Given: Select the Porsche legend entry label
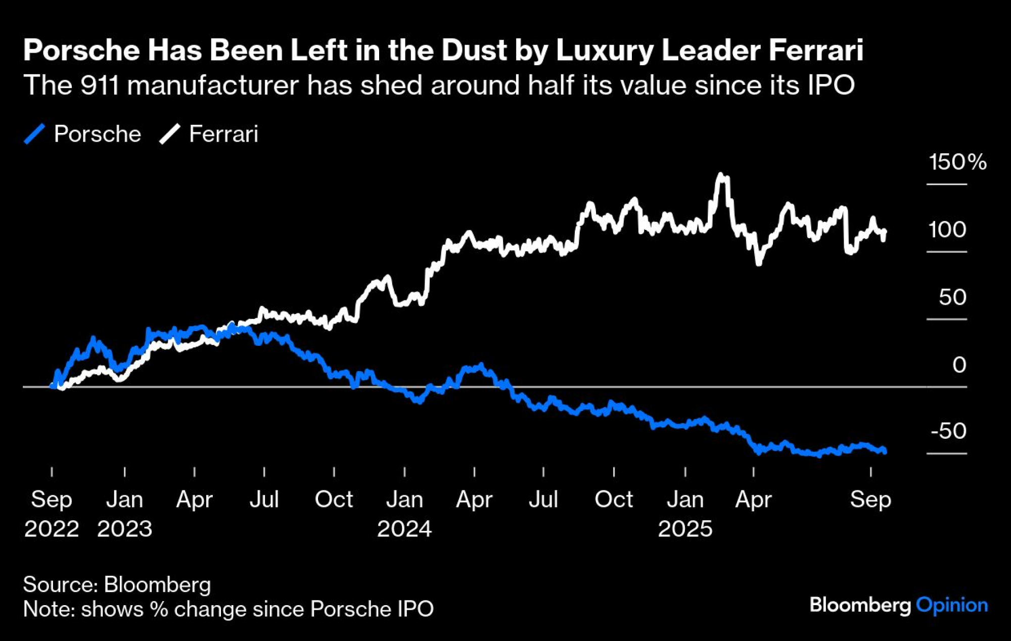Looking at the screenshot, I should [98, 134].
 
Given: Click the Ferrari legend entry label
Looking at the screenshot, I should [223, 134].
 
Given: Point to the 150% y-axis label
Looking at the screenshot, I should [957, 162].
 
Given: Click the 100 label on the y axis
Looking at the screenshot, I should [947, 230].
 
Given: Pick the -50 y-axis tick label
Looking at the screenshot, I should [948, 431].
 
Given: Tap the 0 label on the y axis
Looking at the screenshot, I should [959, 364].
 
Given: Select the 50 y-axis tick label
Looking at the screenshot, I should [953, 297].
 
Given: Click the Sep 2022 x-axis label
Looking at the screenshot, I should [52, 513].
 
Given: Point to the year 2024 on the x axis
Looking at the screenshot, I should [404, 529].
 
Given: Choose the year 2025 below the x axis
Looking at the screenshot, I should [685, 529].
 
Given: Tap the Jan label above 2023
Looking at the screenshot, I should [124, 499].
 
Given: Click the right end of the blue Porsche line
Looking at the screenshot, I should [884, 451].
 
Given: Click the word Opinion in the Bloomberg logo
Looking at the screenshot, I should [952, 605].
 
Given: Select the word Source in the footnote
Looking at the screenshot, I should [59, 584].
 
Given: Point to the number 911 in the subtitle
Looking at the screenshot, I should [100, 85].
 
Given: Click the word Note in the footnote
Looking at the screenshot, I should [48, 609].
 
